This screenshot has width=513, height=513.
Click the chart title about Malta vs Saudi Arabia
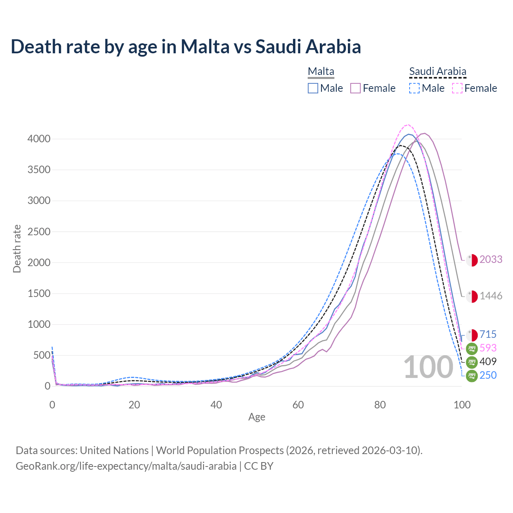click(186, 46)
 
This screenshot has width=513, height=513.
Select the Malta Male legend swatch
click(313, 88)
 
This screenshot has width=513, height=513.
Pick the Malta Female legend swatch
click(355, 88)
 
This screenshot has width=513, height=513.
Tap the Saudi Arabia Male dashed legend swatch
click(414, 88)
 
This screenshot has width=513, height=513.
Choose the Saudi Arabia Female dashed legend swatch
click(457, 88)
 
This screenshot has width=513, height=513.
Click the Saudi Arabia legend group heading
click(438, 72)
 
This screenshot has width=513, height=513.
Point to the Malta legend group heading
click(321, 72)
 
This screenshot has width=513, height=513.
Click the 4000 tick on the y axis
click(39, 139)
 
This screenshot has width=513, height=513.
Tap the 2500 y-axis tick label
click(39, 232)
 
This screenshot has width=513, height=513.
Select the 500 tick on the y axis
click(42, 355)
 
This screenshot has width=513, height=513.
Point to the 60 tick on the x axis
click(298, 405)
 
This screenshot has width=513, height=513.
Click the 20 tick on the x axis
click(134, 405)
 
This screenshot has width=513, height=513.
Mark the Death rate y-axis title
click(17, 248)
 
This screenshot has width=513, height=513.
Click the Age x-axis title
click(256, 417)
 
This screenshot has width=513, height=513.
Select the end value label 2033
click(491, 260)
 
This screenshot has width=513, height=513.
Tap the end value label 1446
click(491, 296)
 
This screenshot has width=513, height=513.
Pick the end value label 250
click(488, 376)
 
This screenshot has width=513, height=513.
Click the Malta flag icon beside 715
click(472, 335)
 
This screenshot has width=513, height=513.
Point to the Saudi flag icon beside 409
click(472, 362)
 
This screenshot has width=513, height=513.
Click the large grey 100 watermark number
click(428, 368)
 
